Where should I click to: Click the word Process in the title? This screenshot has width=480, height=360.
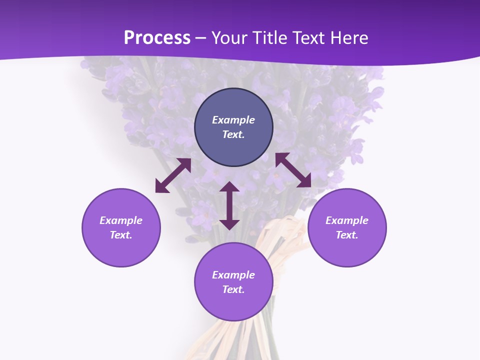click(x=157, y=38)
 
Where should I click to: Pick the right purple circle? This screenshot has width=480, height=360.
click(x=347, y=250)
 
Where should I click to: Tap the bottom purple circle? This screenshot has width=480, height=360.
click(x=233, y=302)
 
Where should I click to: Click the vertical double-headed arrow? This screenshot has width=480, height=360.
click(x=229, y=206)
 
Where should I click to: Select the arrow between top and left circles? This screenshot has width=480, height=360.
click(x=173, y=175)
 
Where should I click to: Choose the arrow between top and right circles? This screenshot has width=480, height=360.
click(x=293, y=170)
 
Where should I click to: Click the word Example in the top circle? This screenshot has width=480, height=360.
click(x=233, y=120)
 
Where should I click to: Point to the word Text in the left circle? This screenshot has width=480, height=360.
click(x=121, y=235)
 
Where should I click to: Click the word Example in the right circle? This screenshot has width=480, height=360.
click(x=347, y=220)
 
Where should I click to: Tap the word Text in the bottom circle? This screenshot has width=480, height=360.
click(x=233, y=289)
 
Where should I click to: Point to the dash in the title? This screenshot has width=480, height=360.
click(x=201, y=38)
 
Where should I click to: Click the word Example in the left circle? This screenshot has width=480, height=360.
click(x=121, y=220)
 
